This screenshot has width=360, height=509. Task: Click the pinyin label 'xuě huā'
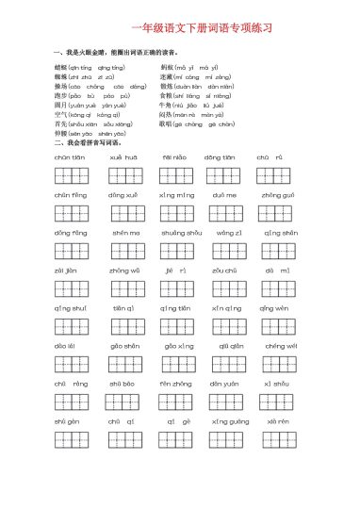pos(123,156)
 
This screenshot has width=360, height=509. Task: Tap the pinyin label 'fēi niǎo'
pos(175,156)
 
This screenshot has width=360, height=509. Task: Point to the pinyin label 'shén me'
pos(127,232)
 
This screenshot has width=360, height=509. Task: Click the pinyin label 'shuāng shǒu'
pos(178,232)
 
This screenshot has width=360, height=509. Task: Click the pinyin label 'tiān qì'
pos(124,307)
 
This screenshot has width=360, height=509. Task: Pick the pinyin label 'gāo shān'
pos(125,345)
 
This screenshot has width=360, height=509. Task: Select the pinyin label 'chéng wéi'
pos(280,345)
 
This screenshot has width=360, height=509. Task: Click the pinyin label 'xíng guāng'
pos(231,421)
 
